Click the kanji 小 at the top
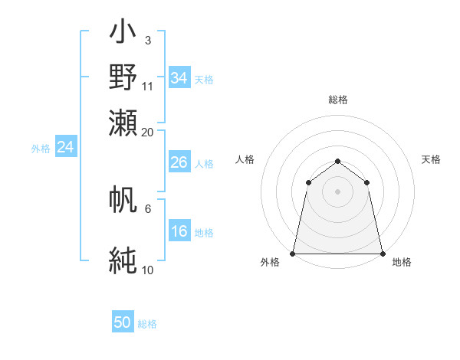[123, 34]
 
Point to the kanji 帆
[123, 200]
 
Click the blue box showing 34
[179, 78]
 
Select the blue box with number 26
[179, 162]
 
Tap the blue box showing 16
[179, 232]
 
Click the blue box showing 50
[123, 322]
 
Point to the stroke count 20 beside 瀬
[148, 132]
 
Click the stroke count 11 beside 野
[148, 85]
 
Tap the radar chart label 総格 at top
[337, 100]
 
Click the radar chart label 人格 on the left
[245, 159]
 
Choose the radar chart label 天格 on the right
[431, 159]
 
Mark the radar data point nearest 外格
[293, 254]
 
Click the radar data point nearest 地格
[382, 254]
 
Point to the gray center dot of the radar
[337, 191]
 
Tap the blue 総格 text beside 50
[147, 324]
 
